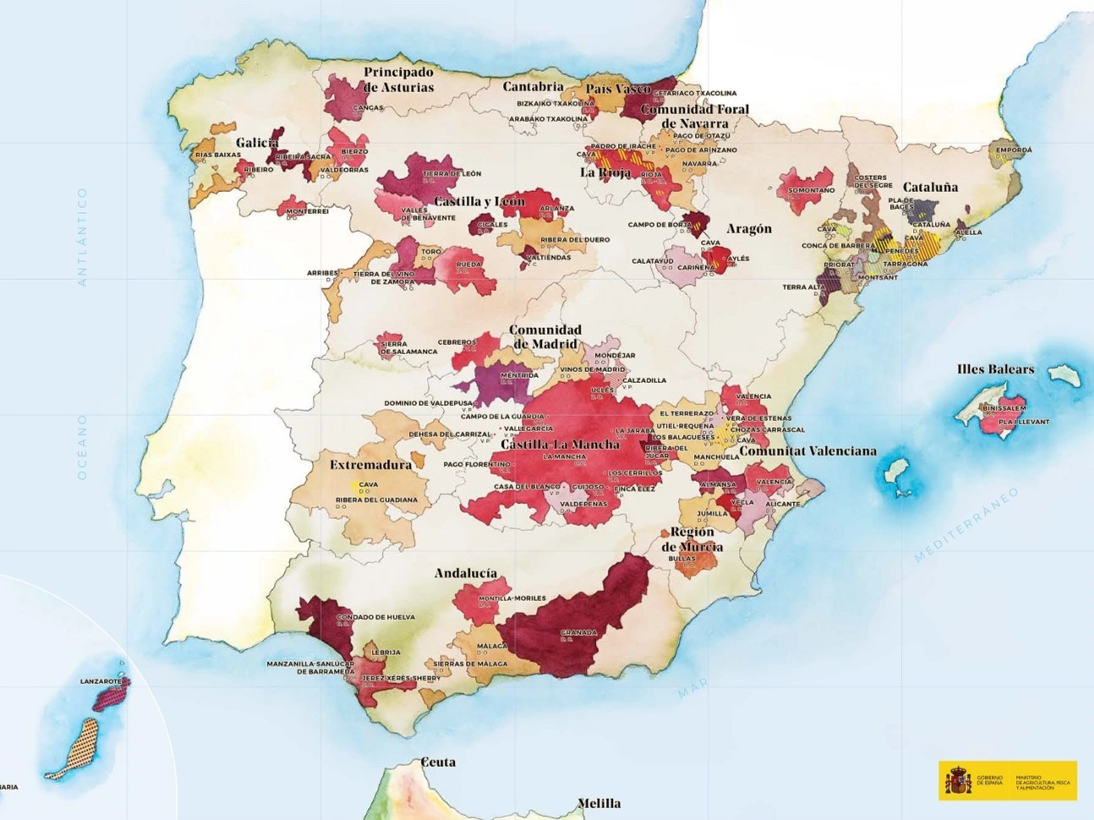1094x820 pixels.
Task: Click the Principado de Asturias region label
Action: pos(398,79)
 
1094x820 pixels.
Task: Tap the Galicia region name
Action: pos(257,143)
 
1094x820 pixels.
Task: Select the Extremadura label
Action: pos(370,465)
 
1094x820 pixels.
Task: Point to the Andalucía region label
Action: pos(465,573)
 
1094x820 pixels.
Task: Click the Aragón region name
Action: pos(748,229)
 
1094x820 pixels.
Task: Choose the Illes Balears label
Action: pos(995,369)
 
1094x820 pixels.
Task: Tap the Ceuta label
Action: pos(438,762)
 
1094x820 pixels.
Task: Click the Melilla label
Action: pos(599,803)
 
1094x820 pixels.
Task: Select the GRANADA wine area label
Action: pos(578,632)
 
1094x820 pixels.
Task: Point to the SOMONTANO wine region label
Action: pos(811,190)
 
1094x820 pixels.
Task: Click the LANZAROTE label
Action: pos(101,681)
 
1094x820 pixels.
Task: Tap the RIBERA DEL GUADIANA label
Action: pos(376,500)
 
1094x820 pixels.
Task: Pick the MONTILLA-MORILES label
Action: pos(512,599)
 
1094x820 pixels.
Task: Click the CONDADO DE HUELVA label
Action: pos(375,617)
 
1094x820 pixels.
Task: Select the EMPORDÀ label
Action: pos(1013,150)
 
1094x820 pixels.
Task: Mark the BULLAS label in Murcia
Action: pos(681,559)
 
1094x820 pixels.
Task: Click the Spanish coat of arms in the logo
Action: pos(958,780)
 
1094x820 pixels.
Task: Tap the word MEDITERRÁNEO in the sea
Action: pos(966,525)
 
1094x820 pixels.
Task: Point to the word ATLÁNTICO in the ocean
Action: pos(82,237)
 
